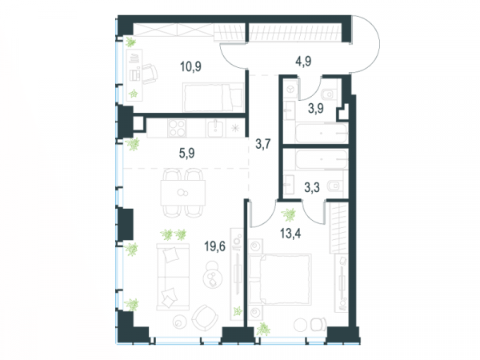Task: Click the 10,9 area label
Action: point(190,66)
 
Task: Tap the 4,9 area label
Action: point(303,62)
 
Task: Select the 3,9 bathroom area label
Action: point(316,108)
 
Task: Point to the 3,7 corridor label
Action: point(263,143)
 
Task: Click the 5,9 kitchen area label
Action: point(186,153)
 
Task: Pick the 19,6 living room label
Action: point(215,246)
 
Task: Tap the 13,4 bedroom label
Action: point(290,234)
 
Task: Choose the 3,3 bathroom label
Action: point(312,187)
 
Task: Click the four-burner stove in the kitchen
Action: point(177,128)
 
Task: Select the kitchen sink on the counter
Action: point(216,128)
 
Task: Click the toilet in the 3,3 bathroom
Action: point(334,186)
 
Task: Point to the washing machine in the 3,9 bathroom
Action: point(290,89)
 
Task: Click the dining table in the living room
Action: point(182,193)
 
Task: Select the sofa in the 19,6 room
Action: point(173,277)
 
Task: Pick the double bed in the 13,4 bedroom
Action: point(280,279)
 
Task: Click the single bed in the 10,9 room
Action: point(213,98)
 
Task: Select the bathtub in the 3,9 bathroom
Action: point(322,133)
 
